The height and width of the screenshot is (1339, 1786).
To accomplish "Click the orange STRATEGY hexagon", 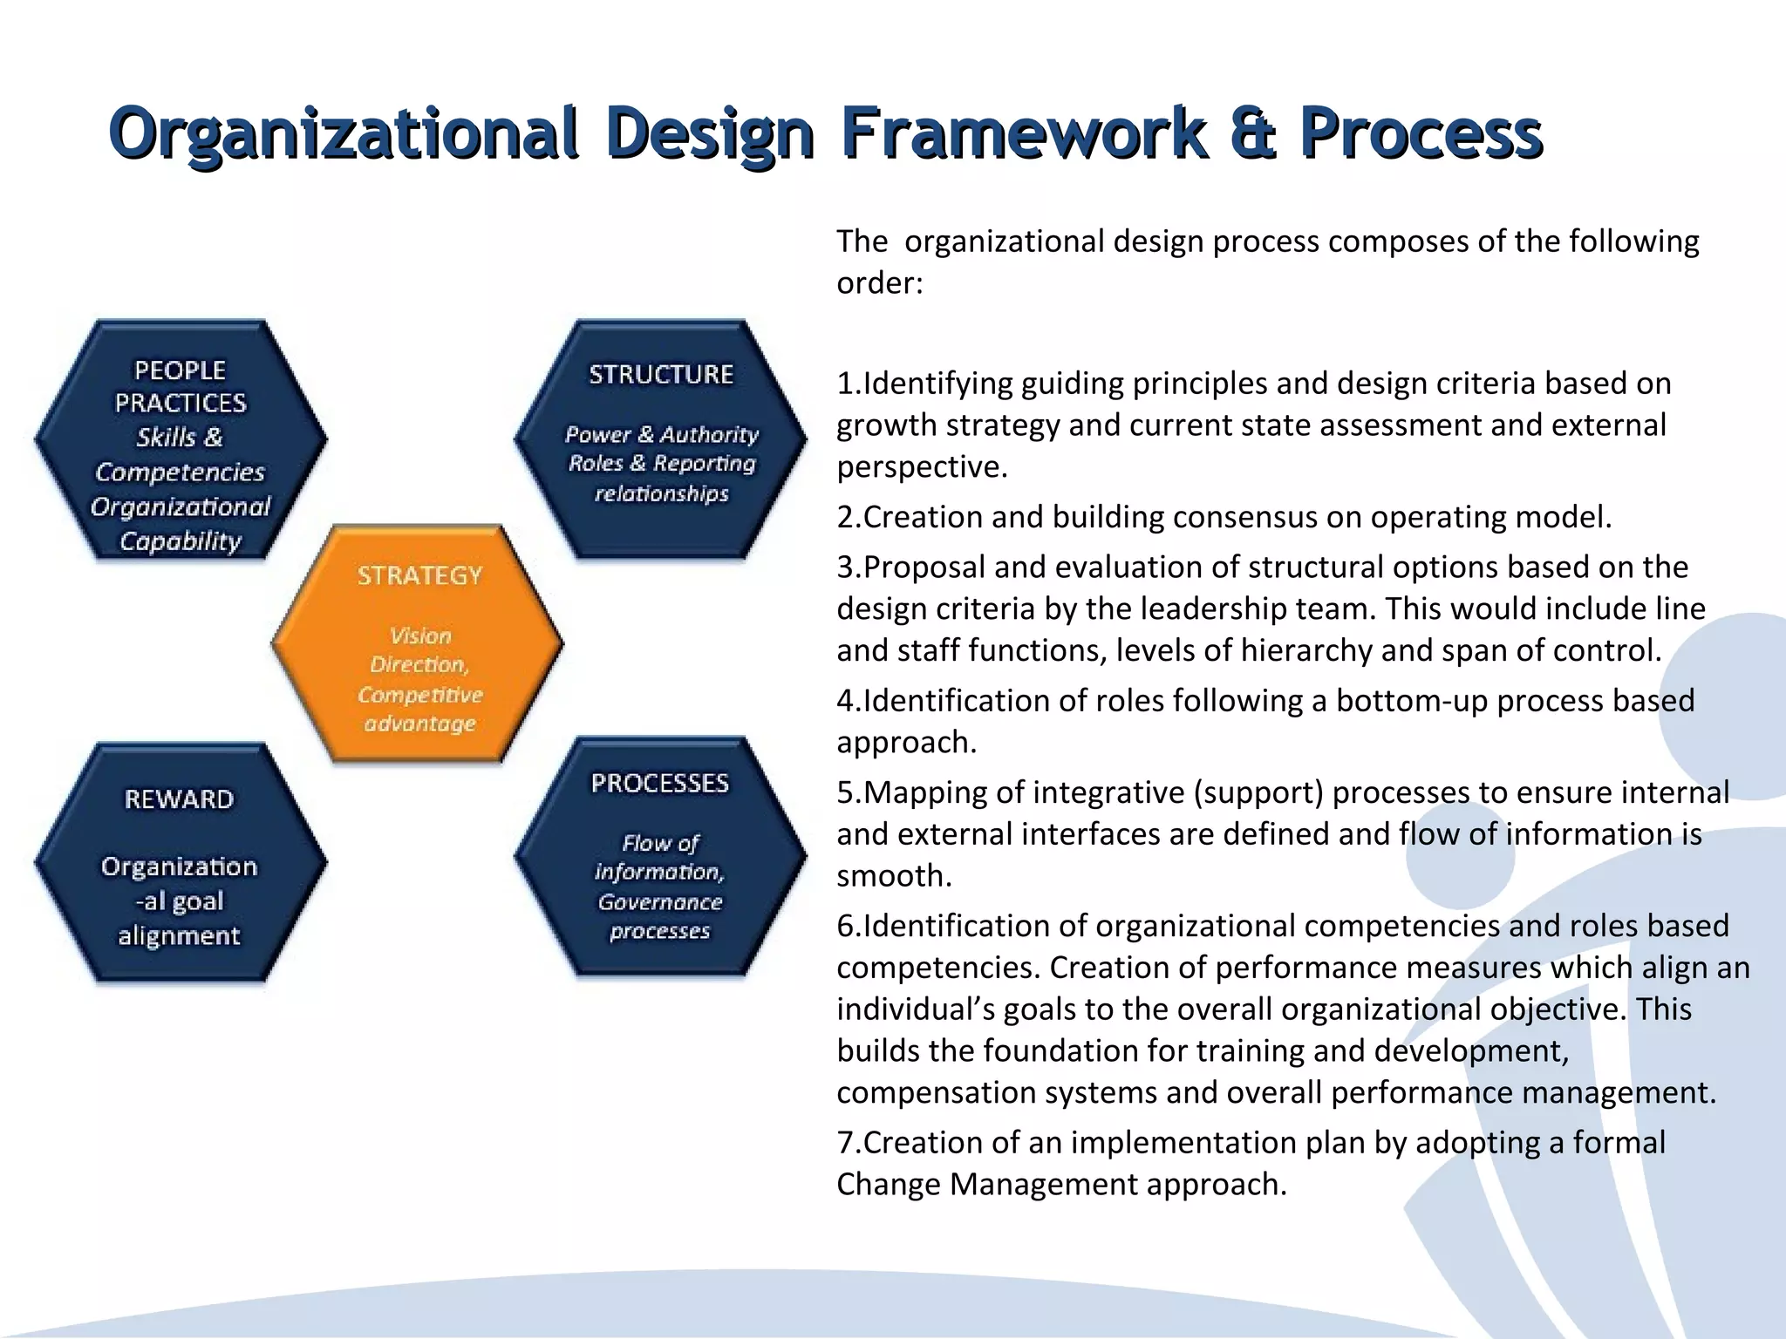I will coord(419,645).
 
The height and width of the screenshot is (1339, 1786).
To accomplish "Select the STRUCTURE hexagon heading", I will coord(660,375).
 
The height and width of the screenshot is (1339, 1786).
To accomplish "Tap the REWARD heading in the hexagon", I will coord(179,799).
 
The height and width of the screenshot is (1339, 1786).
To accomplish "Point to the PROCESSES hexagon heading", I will coord(659,783).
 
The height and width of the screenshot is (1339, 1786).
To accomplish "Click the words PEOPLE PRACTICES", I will coord(181,386).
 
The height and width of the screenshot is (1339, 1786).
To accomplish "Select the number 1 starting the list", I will coord(844,384).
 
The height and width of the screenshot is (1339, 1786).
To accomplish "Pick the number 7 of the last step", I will coord(844,1143).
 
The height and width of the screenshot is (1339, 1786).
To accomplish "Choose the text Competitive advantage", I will coord(419,709).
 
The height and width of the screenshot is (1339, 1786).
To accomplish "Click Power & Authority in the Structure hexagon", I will coord(661,434).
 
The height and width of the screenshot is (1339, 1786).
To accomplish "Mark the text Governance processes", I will coord(660,916).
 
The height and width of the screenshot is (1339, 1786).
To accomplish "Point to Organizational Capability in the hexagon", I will coord(181,523).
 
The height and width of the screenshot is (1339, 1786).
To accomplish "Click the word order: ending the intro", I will coord(879,283).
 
